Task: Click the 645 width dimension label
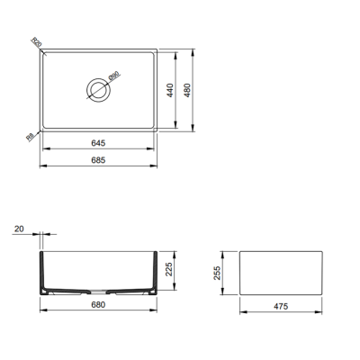[x=100, y=141]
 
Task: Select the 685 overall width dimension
[x=100, y=159]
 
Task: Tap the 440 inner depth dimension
[x=167, y=90]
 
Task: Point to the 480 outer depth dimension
[x=186, y=90]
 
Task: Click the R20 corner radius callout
[x=35, y=42]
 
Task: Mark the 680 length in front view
[x=100, y=304]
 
